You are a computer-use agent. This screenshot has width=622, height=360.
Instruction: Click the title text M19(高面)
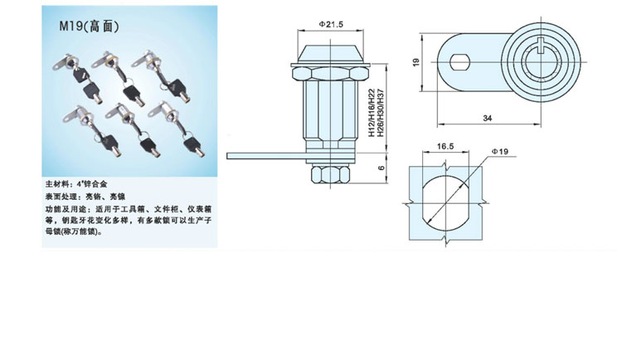pos(90,26)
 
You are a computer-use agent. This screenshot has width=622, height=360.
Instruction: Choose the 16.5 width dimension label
pos(446,147)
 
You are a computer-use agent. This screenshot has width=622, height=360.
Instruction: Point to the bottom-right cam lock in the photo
pos(177,124)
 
